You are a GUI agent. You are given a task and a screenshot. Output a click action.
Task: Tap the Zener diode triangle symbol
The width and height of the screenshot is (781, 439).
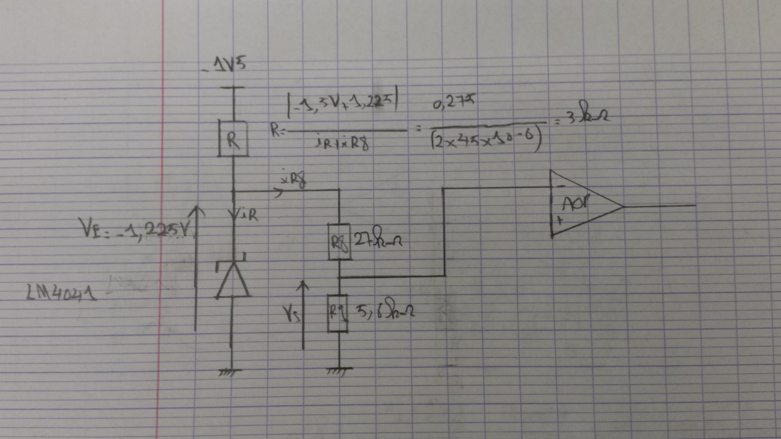pos(233,280)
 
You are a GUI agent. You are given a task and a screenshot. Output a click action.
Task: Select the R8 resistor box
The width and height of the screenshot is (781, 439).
pos(339,242)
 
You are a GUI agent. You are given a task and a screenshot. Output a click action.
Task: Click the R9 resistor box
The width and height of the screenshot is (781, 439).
pos(338,313)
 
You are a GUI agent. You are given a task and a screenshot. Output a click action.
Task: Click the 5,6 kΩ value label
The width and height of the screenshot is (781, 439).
pos(384,309)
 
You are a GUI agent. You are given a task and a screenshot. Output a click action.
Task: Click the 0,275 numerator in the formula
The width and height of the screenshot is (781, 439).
pos(454,102)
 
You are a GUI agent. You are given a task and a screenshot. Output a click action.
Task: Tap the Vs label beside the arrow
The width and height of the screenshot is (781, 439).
pos(291,313)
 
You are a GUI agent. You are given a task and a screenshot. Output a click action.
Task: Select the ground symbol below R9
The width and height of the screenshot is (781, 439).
pos(338,371)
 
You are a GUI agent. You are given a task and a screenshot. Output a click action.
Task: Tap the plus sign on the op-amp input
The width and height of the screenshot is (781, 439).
pos(560,220)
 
